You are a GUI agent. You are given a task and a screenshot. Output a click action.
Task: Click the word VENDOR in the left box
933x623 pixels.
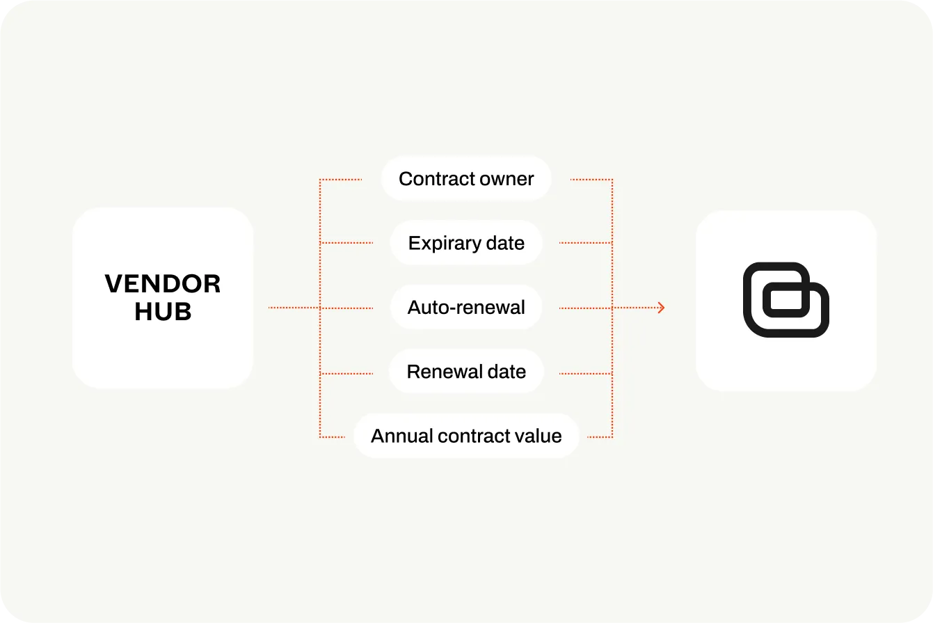(162, 284)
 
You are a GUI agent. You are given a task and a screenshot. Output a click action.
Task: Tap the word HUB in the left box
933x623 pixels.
(163, 311)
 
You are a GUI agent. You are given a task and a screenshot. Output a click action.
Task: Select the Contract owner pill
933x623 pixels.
(466, 179)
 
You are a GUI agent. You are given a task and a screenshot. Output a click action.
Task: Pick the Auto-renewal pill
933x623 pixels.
(466, 308)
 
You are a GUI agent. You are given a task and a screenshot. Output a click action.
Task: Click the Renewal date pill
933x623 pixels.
(466, 372)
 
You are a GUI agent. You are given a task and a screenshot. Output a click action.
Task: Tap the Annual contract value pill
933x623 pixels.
(466, 436)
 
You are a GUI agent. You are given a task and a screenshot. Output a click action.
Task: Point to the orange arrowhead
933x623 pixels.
(662, 308)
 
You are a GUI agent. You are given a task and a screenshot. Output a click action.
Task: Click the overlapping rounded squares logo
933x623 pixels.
(786, 299)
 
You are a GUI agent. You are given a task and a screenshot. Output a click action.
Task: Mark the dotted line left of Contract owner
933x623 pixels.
(341, 180)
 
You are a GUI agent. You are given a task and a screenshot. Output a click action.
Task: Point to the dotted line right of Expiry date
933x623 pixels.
(586, 242)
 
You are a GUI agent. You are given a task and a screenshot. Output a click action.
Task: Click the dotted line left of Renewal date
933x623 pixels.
(346, 374)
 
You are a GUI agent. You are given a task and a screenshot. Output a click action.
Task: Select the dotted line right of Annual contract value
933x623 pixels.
(600, 437)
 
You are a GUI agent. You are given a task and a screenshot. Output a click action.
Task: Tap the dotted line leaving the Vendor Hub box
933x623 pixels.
(294, 308)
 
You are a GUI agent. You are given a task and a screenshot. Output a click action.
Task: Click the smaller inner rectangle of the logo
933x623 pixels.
(786, 299)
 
